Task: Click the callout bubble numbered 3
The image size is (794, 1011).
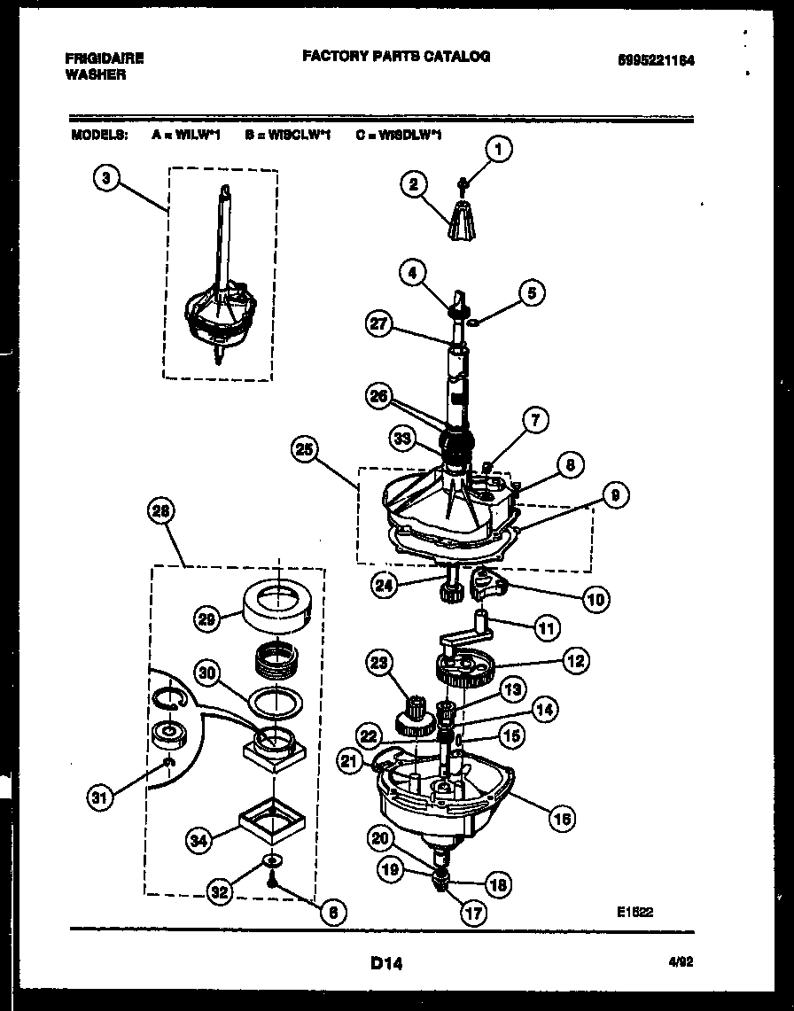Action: point(106,178)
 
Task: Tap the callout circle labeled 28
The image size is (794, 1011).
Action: point(162,510)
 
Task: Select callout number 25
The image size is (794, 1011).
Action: point(304,450)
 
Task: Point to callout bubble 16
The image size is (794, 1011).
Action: point(562,818)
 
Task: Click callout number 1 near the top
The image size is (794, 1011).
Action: point(499,151)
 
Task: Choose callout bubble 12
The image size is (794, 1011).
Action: point(575,660)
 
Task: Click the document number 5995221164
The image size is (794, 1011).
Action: point(657,61)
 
